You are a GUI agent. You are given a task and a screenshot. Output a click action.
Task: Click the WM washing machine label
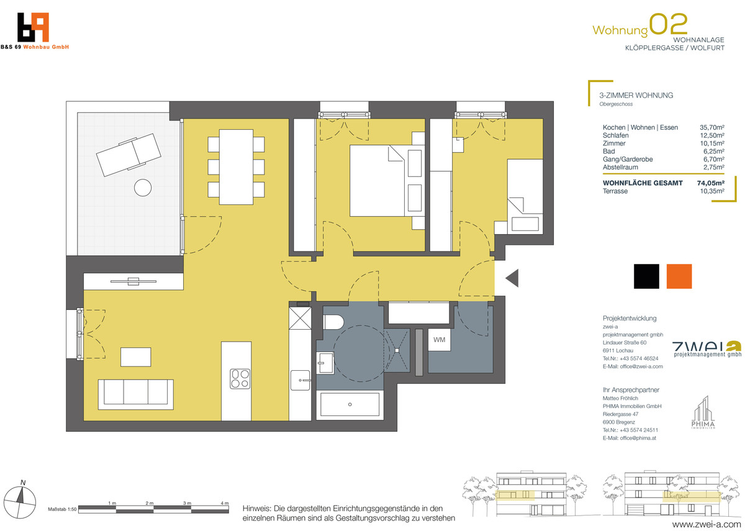pyautogui.click(x=439, y=340)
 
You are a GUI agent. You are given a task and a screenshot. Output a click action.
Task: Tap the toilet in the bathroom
pyautogui.click(x=333, y=322)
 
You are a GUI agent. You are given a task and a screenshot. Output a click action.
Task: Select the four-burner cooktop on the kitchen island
pyautogui.click(x=240, y=379)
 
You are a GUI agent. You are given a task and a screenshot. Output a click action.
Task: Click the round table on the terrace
pyautogui.click(x=143, y=188)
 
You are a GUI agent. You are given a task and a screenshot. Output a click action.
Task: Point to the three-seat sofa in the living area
pyautogui.click(x=136, y=394)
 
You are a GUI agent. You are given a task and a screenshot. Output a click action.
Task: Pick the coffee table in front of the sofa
pyautogui.click(x=136, y=357)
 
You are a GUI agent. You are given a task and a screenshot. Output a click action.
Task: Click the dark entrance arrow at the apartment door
pyautogui.click(x=512, y=278)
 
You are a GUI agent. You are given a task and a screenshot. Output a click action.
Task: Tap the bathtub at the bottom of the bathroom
pyautogui.click(x=350, y=404)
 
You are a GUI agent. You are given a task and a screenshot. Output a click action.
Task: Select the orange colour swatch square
pyautogui.click(x=679, y=276)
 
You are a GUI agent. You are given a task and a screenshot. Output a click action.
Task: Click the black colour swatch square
pyautogui.click(x=646, y=276)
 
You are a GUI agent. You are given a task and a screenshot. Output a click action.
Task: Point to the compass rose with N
pyautogui.click(x=20, y=501)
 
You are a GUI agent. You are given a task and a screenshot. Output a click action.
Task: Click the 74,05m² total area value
pyautogui.click(x=711, y=183)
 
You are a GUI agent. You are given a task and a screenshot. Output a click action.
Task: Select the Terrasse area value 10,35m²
pyautogui.click(x=712, y=191)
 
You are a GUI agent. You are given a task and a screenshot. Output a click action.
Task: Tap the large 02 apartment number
pyautogui.click(x=668, y=24)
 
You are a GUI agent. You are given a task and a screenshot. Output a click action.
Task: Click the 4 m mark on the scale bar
pyautogui.click(x=225, y=503)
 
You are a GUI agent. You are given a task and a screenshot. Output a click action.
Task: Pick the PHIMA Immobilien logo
pyautogui.click(x=703, y=412)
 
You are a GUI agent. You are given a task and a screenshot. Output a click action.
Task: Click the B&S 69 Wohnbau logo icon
pyautogui.click(x=34, y=27)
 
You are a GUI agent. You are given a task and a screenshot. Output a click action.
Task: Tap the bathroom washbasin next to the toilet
pyautogui.click(x=325, y=363)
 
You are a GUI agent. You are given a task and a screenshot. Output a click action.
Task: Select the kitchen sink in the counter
pyautogui.click(x=300, y=380)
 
